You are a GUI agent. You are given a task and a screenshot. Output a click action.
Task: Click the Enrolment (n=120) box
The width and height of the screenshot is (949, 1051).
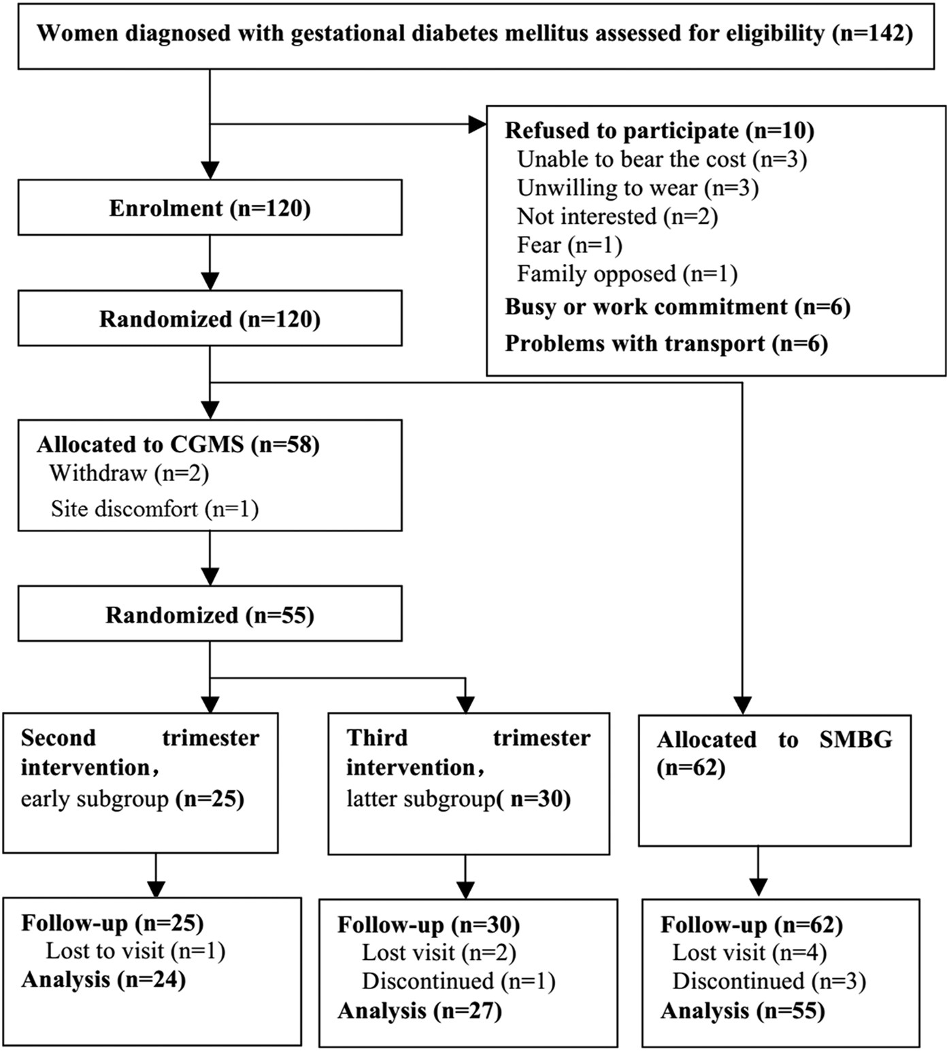(210, 208)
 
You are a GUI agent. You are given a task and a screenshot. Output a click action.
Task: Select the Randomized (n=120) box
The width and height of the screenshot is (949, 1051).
(210, 319)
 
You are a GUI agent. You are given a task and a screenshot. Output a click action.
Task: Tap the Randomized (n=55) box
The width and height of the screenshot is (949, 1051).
(210, 615)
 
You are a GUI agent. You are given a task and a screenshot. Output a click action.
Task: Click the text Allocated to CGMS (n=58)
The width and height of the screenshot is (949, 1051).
(178, 444)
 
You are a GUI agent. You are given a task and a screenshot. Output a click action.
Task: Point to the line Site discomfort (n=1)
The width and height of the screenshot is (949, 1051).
(154, 509)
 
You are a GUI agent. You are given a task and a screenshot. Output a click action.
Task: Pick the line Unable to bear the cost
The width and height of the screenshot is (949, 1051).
(661, 159)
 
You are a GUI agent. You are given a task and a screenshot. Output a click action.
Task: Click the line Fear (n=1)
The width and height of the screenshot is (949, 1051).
(569, 245)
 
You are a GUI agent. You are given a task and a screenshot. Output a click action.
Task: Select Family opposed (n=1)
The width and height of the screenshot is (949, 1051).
(627, 273)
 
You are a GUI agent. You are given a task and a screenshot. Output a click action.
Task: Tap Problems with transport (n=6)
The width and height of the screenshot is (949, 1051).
(666, 344)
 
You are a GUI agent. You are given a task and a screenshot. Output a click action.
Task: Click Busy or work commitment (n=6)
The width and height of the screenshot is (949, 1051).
(677, 307)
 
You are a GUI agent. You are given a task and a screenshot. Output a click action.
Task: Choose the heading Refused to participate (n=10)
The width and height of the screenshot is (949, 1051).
(659, 130)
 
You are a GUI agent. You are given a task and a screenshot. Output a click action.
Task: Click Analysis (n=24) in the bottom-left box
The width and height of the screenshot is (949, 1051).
(103, 980)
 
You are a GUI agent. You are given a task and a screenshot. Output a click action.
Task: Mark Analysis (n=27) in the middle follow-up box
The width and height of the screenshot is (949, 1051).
(420, 1011)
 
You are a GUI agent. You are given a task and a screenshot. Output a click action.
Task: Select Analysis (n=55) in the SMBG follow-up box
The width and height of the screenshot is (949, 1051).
(743, 1011)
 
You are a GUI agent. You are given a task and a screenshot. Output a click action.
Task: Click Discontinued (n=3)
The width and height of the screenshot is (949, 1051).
(769, 981)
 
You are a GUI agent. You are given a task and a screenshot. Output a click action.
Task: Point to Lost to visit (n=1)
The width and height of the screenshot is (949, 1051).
(135, 950)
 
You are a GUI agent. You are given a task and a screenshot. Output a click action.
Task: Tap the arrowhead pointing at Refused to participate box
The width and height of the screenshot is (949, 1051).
(478, 124)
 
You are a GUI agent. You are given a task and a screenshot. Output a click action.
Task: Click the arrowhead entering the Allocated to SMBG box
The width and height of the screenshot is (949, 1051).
(742, 705)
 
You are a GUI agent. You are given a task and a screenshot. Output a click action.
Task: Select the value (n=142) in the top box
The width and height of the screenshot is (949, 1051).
(872, 33)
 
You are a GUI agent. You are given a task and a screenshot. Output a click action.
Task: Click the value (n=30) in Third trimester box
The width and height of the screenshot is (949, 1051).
(539, 799)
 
